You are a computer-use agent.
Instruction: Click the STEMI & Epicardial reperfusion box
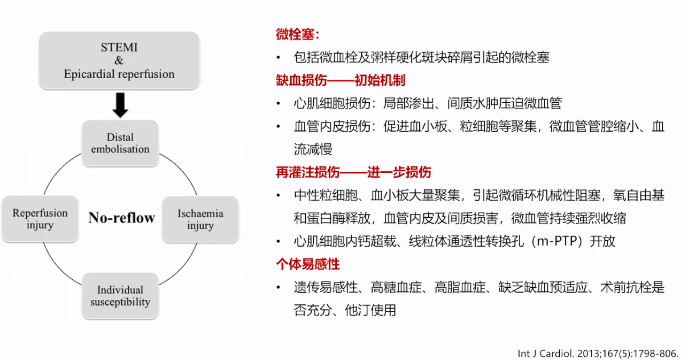click(119, 60)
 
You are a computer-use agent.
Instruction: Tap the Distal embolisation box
click(120, 143)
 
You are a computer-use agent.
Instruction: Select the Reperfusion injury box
click(40, 219)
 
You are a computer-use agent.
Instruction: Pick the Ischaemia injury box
click(200, 219)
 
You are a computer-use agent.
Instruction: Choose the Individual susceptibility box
click(120, 296)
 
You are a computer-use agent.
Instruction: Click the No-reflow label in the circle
click(122, 218)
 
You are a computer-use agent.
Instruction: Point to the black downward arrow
click(120, 105)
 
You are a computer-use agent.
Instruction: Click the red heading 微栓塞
click(298, 34)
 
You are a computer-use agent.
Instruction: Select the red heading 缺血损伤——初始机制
click(341, 80)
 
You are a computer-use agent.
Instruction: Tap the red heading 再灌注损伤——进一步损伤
click(353, 172)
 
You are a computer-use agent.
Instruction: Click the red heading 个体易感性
click(308, 264)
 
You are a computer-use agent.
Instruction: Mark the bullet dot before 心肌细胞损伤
click(279, 104)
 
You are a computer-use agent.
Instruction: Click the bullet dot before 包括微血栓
click(279, 57)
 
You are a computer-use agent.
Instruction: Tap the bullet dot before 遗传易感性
click(279, 288)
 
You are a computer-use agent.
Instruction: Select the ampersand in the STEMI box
click(119, 60)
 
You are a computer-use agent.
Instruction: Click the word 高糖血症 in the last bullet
click(396, 287)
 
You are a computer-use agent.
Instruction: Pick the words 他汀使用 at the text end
click(370, 310)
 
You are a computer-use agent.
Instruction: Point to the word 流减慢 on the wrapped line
click(313, 149)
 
